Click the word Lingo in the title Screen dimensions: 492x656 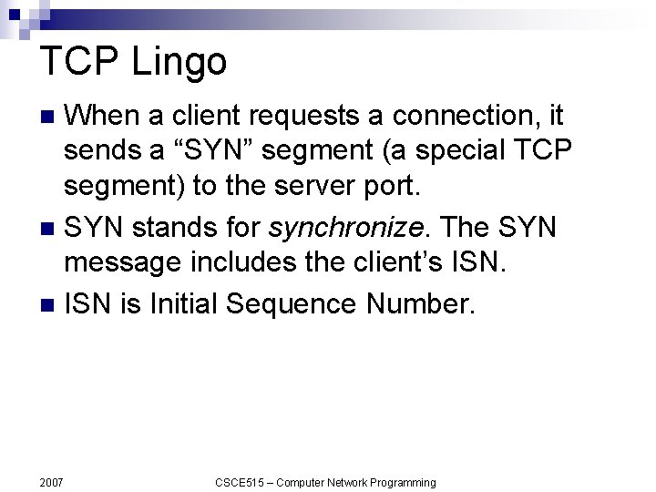pyautogui.click(x=179, y=62)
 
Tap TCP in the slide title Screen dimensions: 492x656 pyautogui.click(x=80, y=62)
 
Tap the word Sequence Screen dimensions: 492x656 pyautogui.click(x=294, y=302)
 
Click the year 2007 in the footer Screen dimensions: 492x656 pyautogui.click(x=52, y=482)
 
